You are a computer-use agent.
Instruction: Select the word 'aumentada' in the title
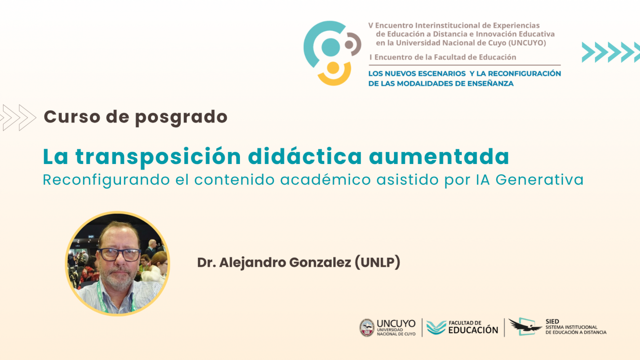[x=439, y=157]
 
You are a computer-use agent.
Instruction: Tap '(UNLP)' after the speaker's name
[x=377, y=263]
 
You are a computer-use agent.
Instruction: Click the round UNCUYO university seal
[x=367, y=327]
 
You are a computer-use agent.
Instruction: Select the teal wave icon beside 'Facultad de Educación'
[x=436, y=327]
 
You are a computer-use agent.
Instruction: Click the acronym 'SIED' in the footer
[x=553, y=321]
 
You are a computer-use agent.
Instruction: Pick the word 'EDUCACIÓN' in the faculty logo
[x=473, y=330]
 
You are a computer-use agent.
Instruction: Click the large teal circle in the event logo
[x=330, y=47]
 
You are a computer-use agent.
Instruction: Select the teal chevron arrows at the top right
[x=610, y=52]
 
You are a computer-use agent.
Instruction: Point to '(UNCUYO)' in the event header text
[x=527, y=43]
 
